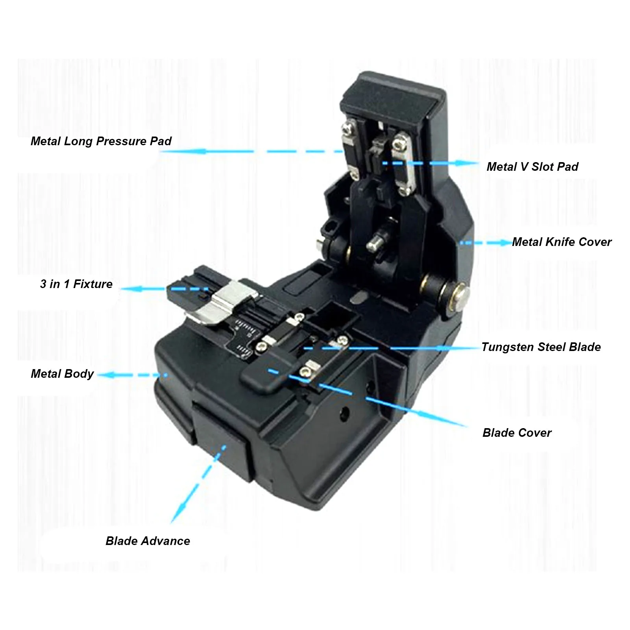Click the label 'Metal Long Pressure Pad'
coord(101,141)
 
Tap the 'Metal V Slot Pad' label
coord(532,166)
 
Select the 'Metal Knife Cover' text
coord(562,242)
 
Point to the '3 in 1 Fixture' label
coord(76,284)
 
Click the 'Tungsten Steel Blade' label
coord(541,347)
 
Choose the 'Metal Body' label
coord(62,374)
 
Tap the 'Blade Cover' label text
coord(517,433)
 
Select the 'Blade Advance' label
coord(148,541)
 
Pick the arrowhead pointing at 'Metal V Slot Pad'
coord(471,163)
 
